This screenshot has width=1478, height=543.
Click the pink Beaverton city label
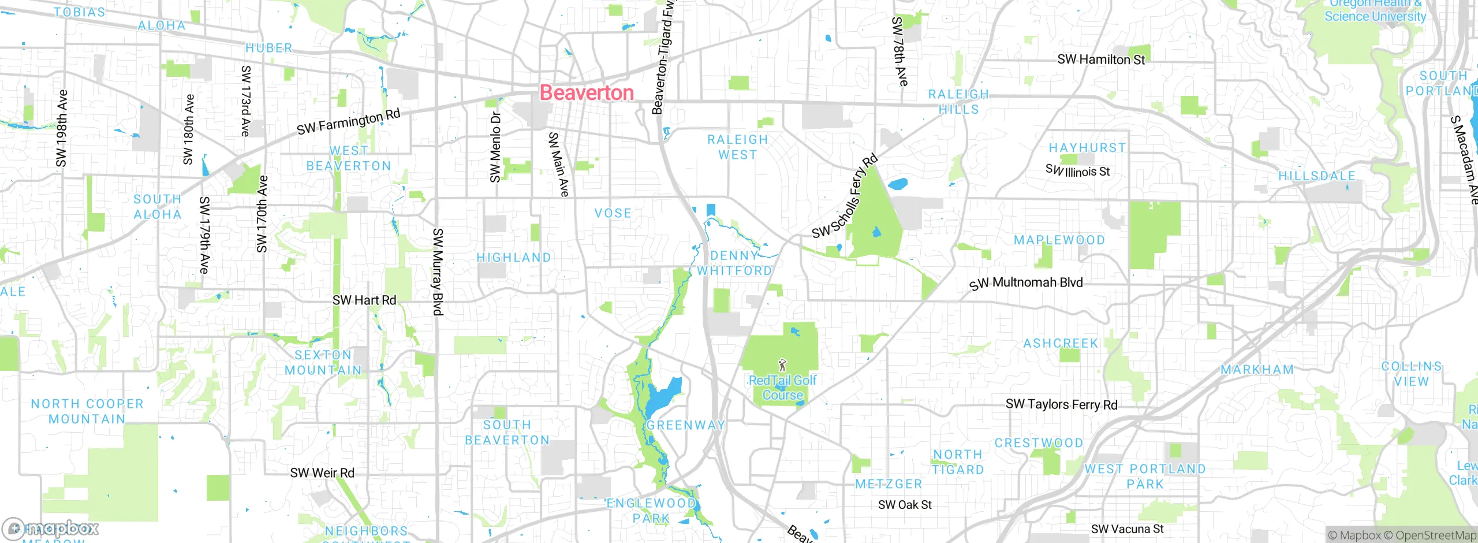(x=587, y=93)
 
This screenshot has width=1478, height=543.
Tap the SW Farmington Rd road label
(x=348, y=122)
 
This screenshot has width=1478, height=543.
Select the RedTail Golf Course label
(x=782, y=388)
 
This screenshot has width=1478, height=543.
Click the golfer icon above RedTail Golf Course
(x=782, y=365)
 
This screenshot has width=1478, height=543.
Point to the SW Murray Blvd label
(x=438, y=271)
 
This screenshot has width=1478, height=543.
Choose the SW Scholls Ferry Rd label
(x=845, y=196)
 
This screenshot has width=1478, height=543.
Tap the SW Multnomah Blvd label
(x=1026, y=283)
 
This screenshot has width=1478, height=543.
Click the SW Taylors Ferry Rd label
(x=1061, y=404)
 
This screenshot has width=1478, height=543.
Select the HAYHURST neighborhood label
(x=1087, y=148)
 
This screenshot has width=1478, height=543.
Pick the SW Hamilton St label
(x=1101, y=59)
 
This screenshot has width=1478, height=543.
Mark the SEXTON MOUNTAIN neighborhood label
(x=323, y=363)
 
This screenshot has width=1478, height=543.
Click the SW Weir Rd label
(x=322, y=473)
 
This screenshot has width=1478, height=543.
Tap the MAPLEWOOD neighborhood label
(x=1059, y=240)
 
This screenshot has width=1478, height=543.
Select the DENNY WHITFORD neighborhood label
(x=734, y=263)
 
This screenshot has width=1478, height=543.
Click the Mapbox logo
(x=51, y=528)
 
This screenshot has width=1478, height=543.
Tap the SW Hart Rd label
(x=364, y=300)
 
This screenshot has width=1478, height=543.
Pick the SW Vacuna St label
(x=1127, y=529)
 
